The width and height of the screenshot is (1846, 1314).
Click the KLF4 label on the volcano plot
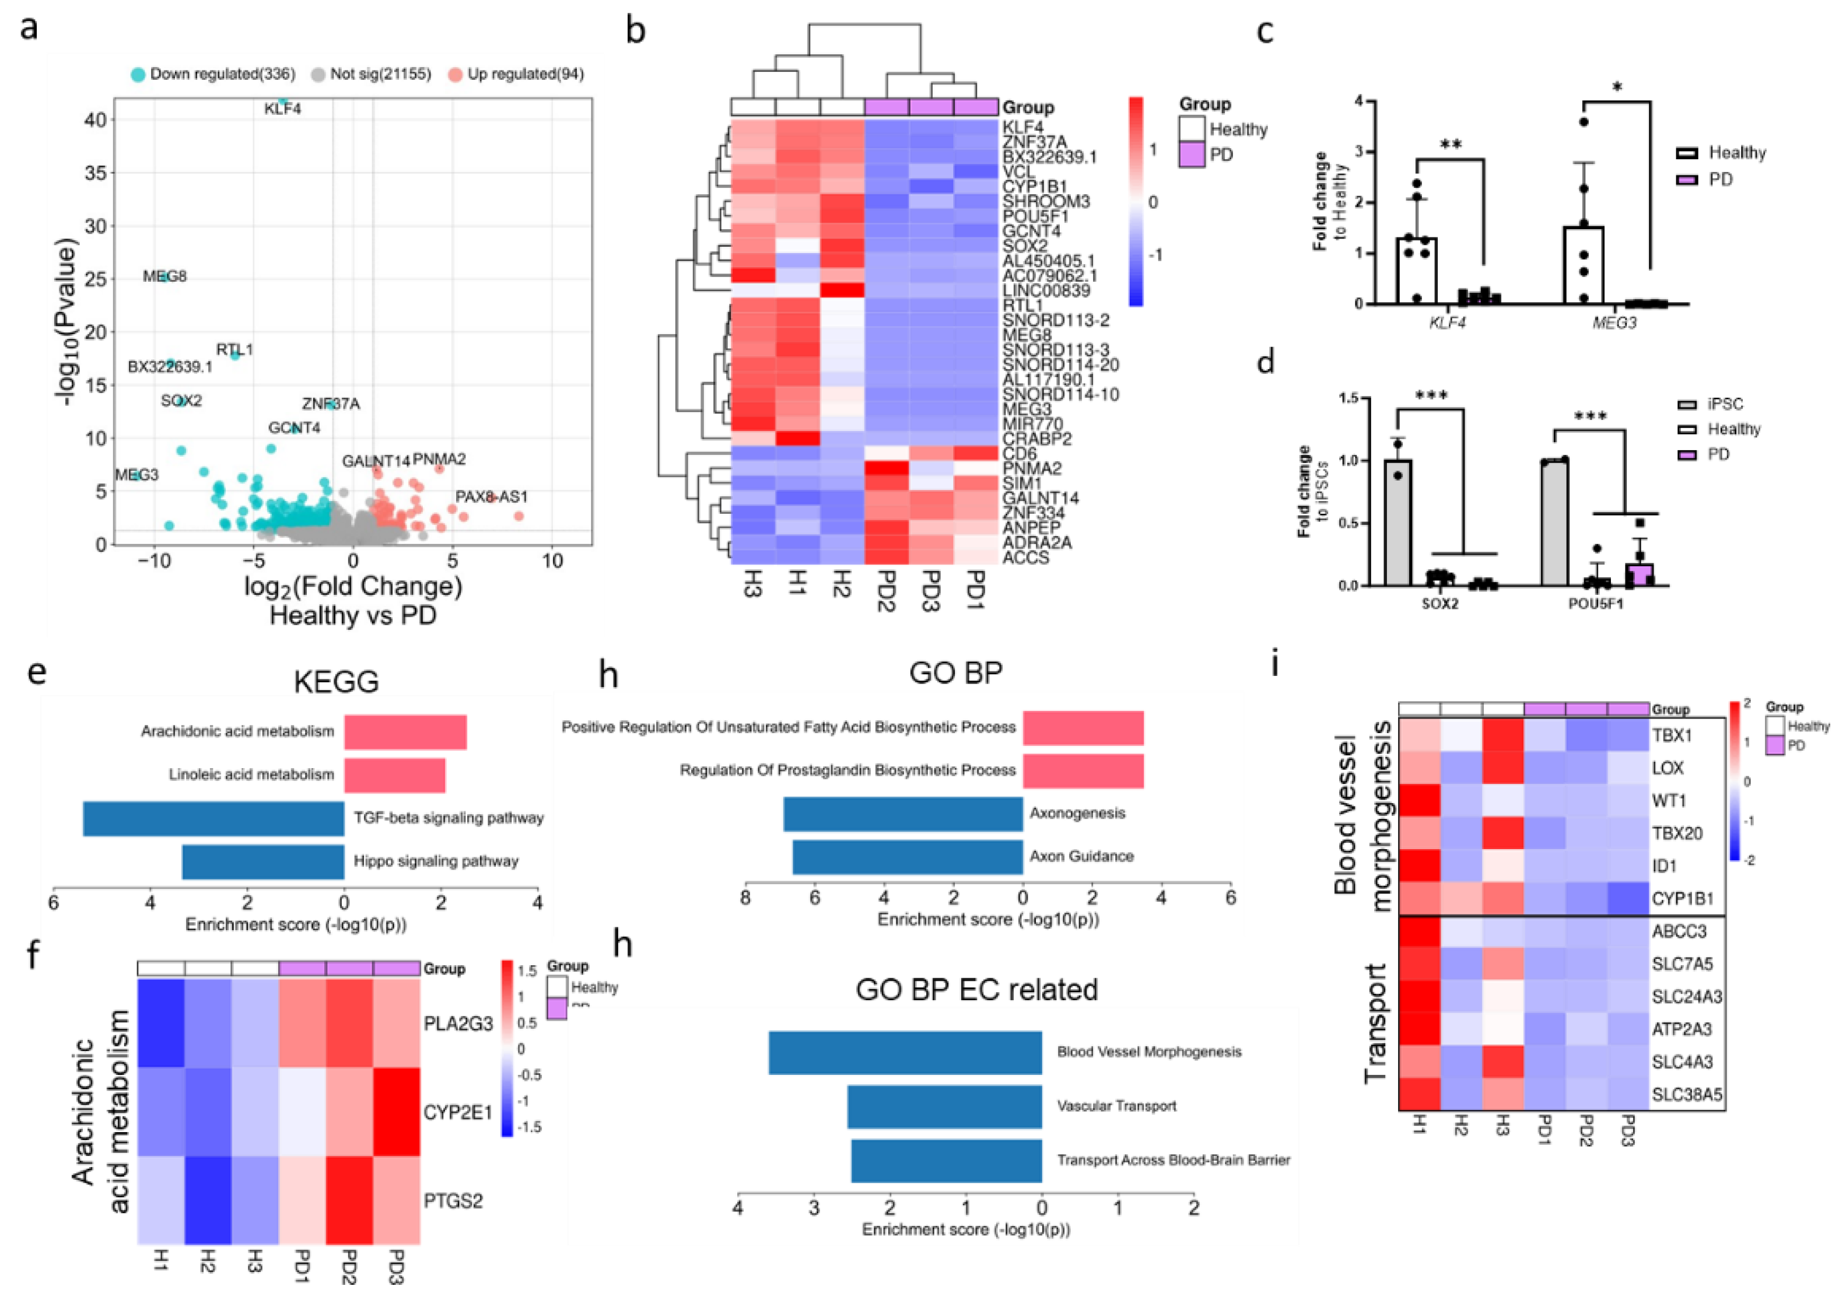click(282, 108)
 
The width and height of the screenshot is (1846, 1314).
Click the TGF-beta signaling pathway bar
click(213, 818)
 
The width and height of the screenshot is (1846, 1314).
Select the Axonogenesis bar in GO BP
click(903, 813)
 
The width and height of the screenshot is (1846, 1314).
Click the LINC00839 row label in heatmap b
click(1045, 290)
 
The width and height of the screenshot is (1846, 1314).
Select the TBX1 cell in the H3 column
click(1502, 735)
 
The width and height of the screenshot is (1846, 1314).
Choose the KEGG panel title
click(336, 681)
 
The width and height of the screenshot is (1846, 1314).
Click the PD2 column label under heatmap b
click(887, 591)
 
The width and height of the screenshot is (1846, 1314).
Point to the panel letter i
click(1276, 664)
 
